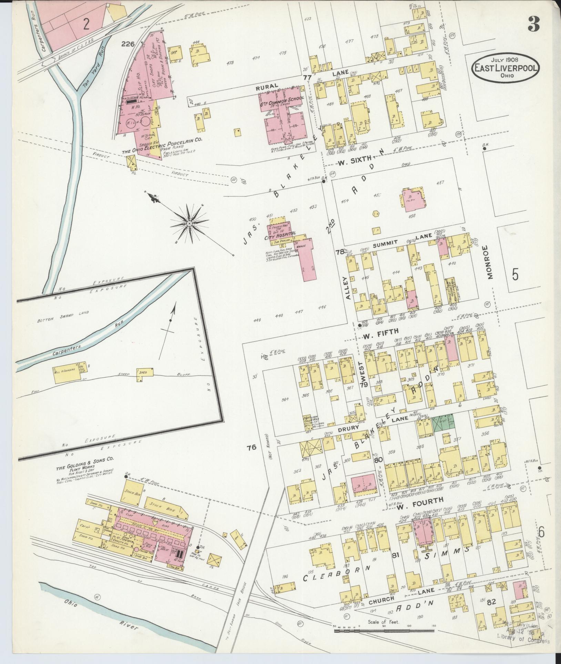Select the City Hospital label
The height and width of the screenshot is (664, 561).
tap(280, 233)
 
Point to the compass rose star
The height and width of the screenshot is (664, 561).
tap(189, 224)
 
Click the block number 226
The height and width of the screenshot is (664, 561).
tap(127, 44)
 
